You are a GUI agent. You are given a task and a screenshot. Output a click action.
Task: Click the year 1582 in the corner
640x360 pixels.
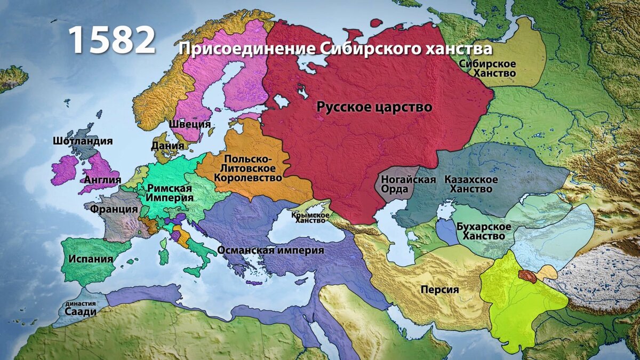click(111, 40)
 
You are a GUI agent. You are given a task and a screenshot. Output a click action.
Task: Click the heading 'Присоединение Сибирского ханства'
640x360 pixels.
click(335, 49)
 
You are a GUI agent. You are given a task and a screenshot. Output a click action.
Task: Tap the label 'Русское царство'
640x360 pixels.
click(374, 107)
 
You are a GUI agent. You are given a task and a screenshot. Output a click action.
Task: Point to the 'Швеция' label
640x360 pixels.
click(190, 124)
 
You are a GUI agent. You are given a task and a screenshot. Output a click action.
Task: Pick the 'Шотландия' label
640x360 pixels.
click(83, 141)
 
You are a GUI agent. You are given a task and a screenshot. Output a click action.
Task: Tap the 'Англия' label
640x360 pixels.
click(102, 180)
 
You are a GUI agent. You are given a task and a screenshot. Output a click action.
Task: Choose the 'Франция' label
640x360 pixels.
click(114, 209)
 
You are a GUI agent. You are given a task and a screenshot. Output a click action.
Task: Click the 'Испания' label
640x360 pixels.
click(91, 259)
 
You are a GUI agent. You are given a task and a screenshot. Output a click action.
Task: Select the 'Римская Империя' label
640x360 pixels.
click(170, 193)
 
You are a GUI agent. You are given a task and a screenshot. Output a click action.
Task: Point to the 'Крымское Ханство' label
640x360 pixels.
click(310, 217)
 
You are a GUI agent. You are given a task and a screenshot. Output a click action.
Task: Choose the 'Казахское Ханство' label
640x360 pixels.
click(471, 184)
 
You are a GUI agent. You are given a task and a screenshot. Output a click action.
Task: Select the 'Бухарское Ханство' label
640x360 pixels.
click(484, 231)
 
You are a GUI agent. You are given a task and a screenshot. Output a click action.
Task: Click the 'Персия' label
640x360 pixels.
click(439, 290)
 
